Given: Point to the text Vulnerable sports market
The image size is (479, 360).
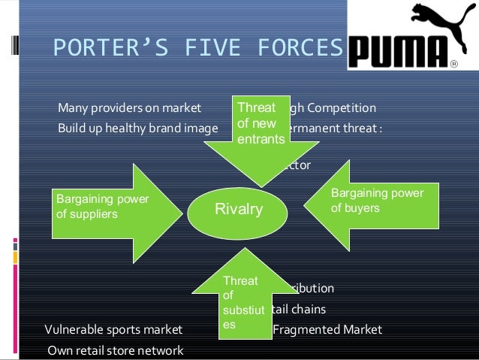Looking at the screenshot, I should point(113,329).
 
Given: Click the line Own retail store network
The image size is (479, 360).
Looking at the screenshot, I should point(114,349).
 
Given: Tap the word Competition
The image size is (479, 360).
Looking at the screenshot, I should point(337,107).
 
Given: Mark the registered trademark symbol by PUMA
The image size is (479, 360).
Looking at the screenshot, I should point(453,64).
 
